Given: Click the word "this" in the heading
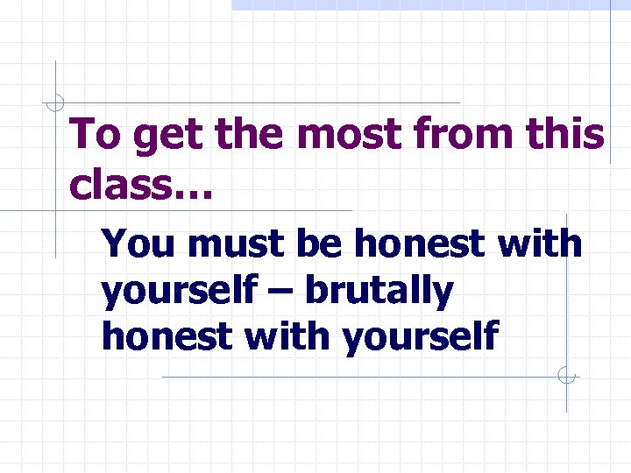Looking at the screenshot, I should [571, 135].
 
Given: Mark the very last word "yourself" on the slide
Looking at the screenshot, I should [422, 335].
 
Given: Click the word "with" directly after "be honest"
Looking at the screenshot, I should [538, 244].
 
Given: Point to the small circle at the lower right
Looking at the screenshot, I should [566, 377].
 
